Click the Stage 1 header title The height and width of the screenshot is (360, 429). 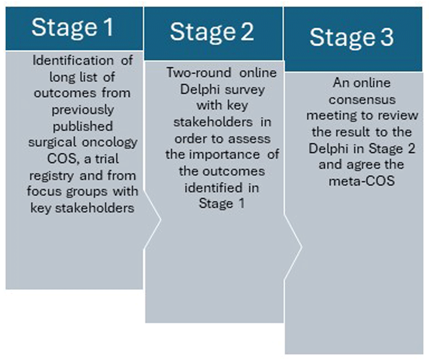(x=73, y=27)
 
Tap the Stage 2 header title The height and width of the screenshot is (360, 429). (x=212, y=32)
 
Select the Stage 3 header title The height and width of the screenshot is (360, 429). (x=352, y=37)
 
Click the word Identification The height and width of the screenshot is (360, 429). (x=73, y=60)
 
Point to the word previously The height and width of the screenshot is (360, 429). (x=83, y=110)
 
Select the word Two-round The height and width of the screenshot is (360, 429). (x=199, y=73)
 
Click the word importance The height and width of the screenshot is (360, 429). (x=224, y=155)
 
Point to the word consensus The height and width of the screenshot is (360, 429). (x=362, y=100)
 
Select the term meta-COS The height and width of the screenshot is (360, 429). (x=362, y=181)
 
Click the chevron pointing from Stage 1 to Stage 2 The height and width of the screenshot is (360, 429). (x=152, y=219)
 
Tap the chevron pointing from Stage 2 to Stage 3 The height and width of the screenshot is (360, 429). (x=293, y=247)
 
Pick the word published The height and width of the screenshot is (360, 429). (x=83, y=127)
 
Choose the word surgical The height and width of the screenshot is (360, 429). (x=52, y=143)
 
